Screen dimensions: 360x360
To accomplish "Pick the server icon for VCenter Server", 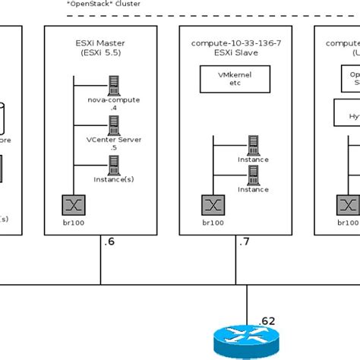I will tap(114, 124).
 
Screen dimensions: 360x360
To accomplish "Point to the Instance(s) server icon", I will tap(114, 163).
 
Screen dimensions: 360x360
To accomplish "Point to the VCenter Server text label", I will tap(113, 139).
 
